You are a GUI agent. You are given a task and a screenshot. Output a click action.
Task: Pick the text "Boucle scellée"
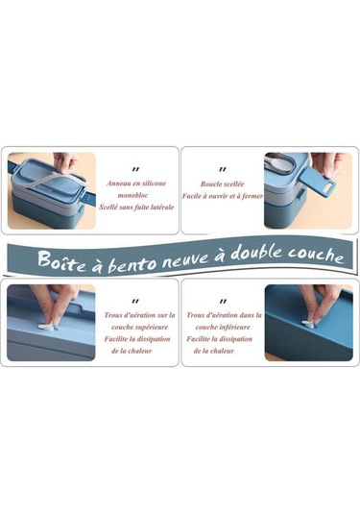coord(222,182)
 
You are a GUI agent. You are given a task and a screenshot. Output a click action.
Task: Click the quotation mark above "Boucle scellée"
coord(223,168)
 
